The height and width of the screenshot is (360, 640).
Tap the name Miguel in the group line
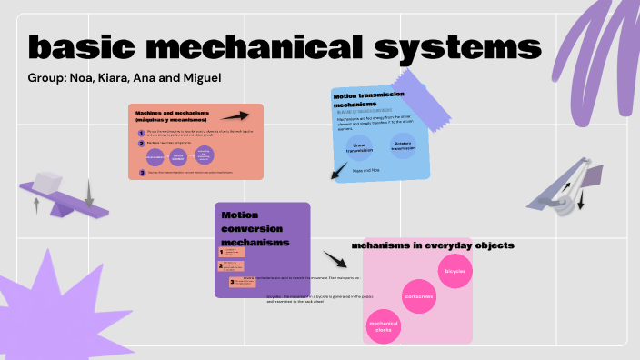[200, 77]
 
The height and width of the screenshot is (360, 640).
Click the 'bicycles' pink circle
[454, 271]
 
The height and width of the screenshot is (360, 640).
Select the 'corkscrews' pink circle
[419, 296]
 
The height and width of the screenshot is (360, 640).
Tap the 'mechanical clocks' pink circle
[383, 325]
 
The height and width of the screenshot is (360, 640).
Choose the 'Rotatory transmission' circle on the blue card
[404, 145]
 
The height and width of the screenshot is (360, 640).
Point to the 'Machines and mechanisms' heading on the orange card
[173, 116]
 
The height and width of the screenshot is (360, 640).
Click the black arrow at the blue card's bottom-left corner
[339, 170]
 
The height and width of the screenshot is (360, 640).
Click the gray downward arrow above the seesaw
[89, 193]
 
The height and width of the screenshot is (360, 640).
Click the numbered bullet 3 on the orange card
[142, 172]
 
